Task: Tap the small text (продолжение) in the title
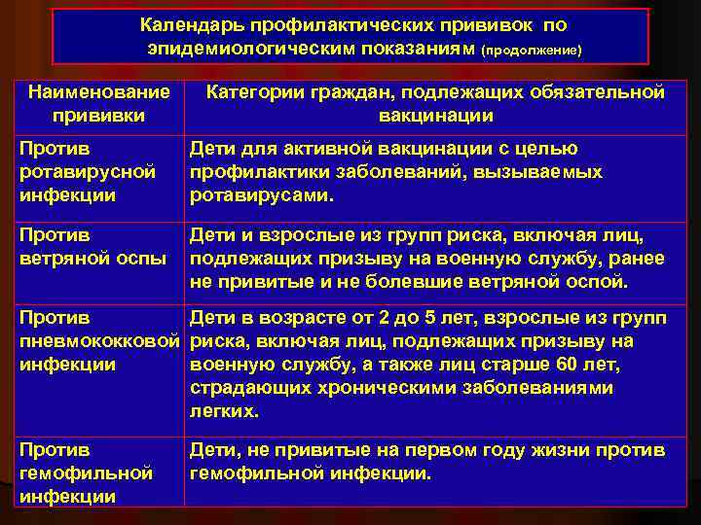click(532, 49)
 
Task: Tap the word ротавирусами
click(261, 195)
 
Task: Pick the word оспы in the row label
click(141, 258)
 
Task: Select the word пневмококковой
click(101, 341)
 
